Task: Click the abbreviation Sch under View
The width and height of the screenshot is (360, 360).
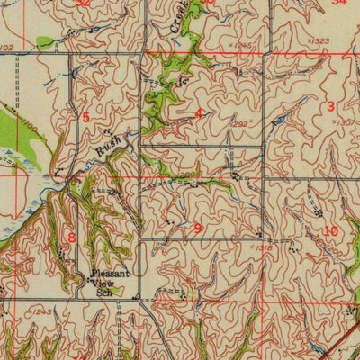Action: (105, 292)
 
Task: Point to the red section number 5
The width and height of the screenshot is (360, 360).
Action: (85, 117)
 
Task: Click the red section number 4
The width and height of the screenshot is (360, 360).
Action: (198, 114)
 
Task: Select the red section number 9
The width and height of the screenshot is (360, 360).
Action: (197, 228)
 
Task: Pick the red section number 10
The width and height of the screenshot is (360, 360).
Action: (331, 230)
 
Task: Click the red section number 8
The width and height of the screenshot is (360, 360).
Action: (71, 237)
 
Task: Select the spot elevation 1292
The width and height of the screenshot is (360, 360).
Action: (238, 124)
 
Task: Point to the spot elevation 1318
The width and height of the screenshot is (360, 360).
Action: (263, 246)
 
